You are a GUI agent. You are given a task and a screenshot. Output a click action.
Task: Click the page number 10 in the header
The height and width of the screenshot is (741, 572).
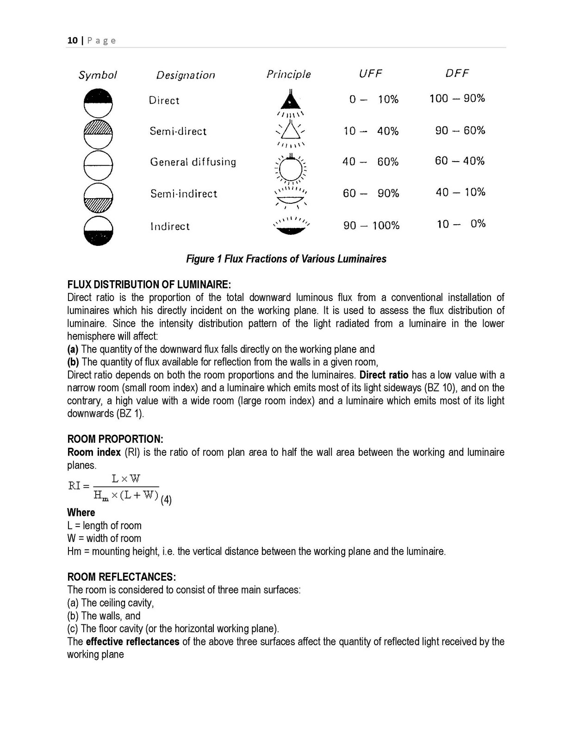(72, 40)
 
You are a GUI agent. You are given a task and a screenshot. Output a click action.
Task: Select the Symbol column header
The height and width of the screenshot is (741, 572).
(98, 75)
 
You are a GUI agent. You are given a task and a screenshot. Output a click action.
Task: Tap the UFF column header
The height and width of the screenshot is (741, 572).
(370, 74)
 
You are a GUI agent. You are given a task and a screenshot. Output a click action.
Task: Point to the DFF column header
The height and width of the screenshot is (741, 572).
(457, 73)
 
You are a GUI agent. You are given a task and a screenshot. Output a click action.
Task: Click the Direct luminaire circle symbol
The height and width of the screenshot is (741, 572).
(99, 102)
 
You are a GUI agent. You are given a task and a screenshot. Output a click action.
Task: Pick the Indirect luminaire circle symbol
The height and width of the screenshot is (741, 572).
(99, 231)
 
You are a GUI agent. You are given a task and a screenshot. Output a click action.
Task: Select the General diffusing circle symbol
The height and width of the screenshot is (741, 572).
(99, 165)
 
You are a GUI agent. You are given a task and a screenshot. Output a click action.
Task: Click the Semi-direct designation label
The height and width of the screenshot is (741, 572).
(178, 132)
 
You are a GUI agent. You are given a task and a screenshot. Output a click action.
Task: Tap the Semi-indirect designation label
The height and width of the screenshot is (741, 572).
(183, 194)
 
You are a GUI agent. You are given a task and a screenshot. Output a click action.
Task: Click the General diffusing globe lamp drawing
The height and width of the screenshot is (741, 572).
(291, 169)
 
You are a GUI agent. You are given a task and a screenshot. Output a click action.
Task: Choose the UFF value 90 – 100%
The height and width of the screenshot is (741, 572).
(371, 226)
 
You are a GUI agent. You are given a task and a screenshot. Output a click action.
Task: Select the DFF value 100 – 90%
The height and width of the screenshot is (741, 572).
(457, 98)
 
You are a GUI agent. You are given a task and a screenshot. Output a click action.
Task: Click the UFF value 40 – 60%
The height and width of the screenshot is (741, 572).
(370, 162)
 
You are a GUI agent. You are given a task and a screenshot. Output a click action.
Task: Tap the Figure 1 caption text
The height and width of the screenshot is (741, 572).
(286, 259)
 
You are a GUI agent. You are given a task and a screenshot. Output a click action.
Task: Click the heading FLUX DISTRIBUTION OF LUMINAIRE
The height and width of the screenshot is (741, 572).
(149, 284)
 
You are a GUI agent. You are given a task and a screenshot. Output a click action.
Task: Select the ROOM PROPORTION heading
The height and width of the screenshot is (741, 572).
(115, 439)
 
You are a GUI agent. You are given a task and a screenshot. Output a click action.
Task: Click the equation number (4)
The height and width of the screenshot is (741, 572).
(166, 500)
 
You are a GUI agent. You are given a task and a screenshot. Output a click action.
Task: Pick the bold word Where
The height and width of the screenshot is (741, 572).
(81, 513)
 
